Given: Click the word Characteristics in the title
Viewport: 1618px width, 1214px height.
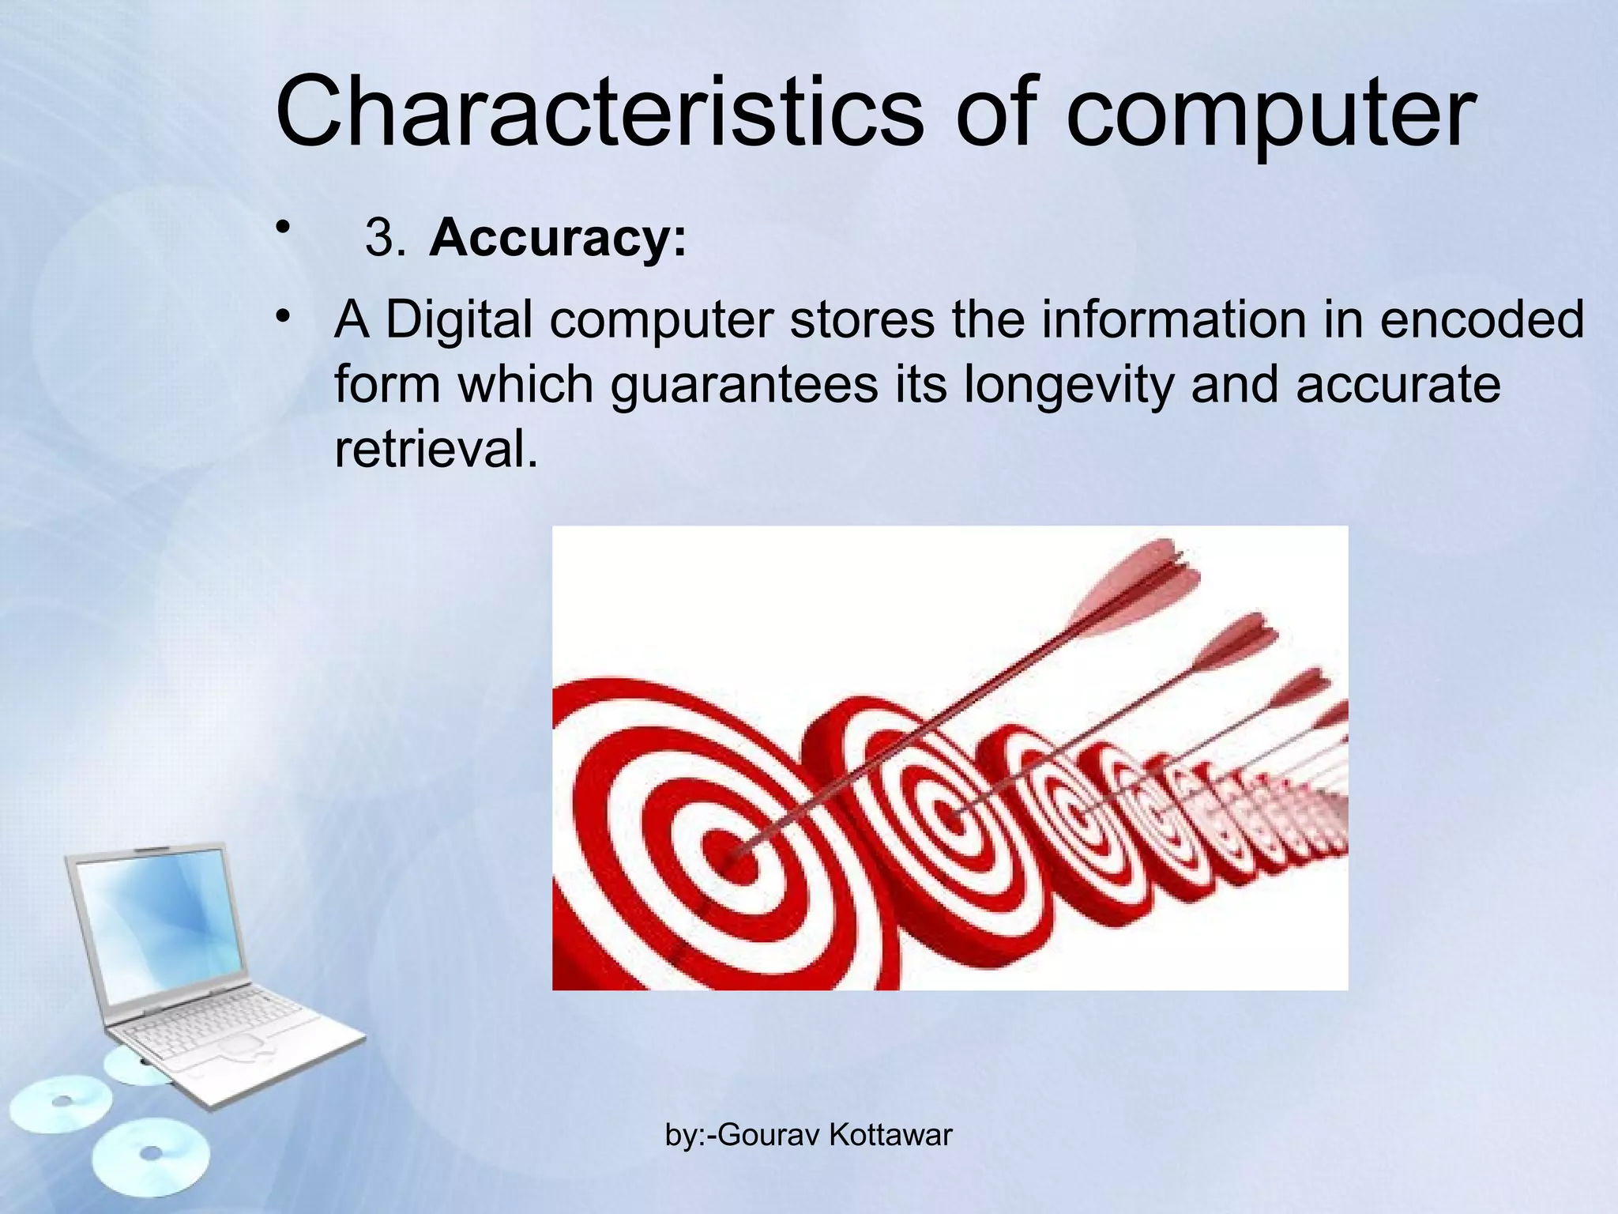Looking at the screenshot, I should click(599, 111).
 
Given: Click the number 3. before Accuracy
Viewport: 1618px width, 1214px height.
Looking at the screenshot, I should click(385, 238).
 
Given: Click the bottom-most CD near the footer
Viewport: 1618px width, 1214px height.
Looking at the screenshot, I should click(150, 1159).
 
